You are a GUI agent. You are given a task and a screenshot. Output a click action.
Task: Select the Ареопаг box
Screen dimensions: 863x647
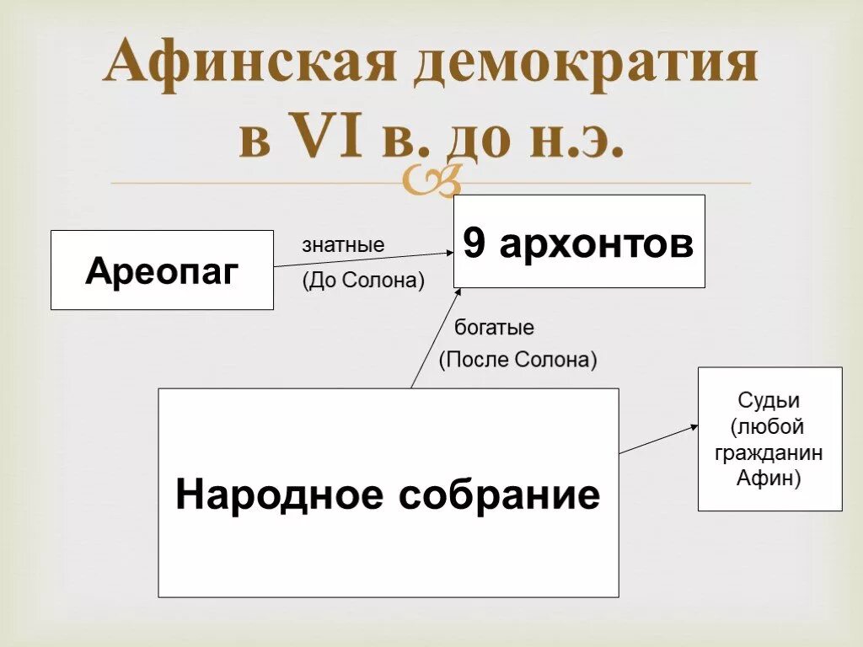(162, 270)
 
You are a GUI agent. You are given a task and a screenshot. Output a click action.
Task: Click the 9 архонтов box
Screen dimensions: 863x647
(579, 241)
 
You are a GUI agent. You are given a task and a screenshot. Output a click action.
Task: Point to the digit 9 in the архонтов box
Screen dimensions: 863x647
(474, 244)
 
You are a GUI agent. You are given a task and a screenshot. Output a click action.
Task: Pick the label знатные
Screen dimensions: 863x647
(343, 246)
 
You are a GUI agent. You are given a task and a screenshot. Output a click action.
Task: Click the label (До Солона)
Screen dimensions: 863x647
(363, 281)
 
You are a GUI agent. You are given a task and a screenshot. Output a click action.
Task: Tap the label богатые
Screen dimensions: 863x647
(494, 327)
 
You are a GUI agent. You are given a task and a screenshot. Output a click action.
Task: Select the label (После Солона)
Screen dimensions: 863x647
(517, 361)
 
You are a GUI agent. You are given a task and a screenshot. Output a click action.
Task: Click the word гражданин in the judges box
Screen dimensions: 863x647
(769, 453)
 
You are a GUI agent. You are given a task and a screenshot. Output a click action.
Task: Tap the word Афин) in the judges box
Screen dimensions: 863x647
(769, 479)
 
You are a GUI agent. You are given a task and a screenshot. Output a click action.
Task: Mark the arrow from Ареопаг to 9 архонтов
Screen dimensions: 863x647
(362, 259)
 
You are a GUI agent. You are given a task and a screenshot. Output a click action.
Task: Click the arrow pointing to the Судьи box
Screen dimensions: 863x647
(657, 440)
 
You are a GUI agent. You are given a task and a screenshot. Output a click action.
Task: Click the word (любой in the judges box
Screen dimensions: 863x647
(769, 426)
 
